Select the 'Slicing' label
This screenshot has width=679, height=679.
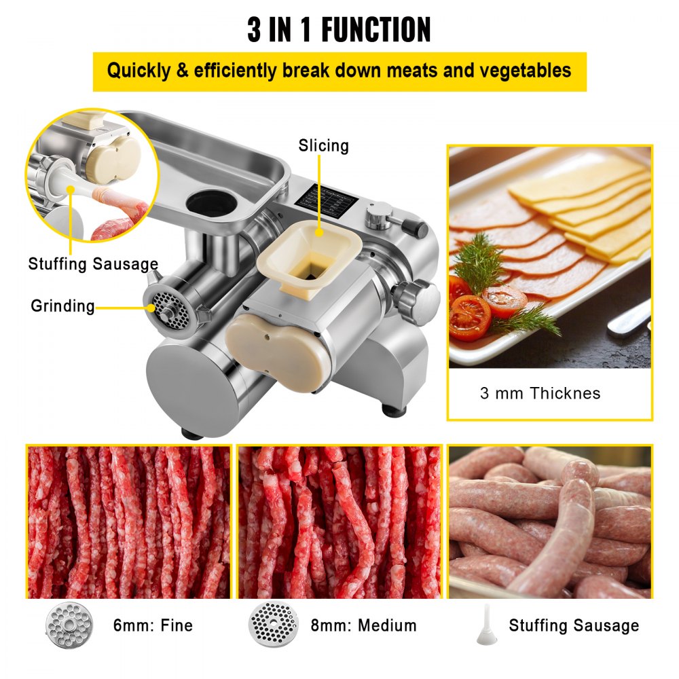pos(323,145)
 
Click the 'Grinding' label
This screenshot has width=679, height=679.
pos(62,306)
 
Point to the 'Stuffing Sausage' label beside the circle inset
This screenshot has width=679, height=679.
pos(93,263)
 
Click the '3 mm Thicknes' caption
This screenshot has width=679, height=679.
pos(540,393)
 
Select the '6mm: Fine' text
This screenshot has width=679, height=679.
pos(153,625)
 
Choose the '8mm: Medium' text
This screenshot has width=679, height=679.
pos(363,625)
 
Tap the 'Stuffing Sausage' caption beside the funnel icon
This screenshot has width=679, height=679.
pos(574,625)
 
